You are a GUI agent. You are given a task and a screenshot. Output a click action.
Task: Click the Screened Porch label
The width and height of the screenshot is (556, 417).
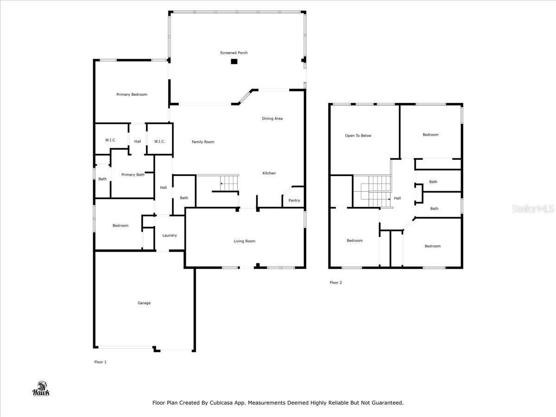pyautogui.click(x=234, y=53)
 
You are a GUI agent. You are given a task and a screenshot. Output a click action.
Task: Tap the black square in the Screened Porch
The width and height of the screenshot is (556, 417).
pyautogui.click(x=234, y=62)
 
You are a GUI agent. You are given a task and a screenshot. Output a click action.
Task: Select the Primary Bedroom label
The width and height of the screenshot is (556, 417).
pyautogui.click(x=132, y=95)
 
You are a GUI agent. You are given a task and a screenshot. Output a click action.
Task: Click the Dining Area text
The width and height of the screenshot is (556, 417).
pyautogui.click(x=272, y=119)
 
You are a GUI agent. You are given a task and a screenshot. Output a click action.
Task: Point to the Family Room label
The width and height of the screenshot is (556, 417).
pyautogui.click(x=203, y=142)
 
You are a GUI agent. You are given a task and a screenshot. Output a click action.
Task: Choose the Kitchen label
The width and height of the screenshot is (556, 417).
pyautogui.click(x=269, y=173)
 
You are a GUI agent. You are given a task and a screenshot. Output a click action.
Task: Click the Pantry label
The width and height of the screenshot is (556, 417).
pyautogui.click(x=294, y=201)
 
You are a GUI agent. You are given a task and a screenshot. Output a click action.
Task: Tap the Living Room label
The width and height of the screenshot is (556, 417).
pyautogui.click(x=244, y=241)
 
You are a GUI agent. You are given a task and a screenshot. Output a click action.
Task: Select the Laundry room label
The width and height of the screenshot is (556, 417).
pyautogui.click(x=169, y=235)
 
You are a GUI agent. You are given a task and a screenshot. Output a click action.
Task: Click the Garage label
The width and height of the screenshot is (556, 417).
pyautogui.click(x=144, y=303)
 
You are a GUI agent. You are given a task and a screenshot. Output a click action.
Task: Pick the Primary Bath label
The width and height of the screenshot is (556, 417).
pyautogui.click(x=133, y=175)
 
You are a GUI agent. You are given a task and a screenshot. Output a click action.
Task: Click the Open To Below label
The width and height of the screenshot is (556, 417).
pyautogui.click(x=358, y=136)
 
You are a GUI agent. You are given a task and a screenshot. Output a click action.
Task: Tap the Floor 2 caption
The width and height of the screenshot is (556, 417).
pyautogui.click(x=335, y=283)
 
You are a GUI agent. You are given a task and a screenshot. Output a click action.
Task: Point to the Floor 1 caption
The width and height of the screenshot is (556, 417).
pyautogui.click(x=100, y=362)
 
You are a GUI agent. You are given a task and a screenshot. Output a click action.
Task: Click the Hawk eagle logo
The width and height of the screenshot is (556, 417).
pyautogui.click(x=41, y=389)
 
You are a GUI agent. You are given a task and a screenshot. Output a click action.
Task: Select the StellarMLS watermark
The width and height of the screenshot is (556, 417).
pyautogui.click(x=532, y=209)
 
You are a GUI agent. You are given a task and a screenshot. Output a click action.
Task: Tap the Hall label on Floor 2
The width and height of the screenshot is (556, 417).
pyautogui.click(x=397, y=198)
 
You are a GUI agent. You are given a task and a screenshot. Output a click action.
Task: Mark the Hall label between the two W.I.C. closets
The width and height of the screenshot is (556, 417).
pyautogui.click(x=138, y=142)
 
